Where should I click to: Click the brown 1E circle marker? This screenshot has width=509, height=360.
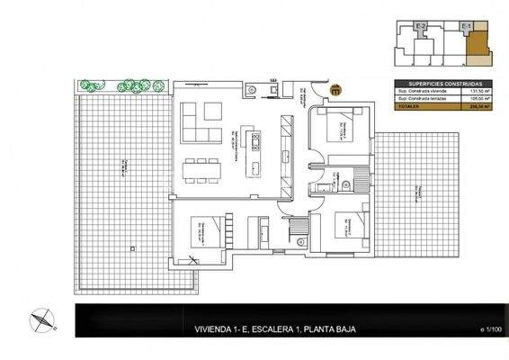pos(335,89)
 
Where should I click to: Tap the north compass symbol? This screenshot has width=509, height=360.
pos(41,319)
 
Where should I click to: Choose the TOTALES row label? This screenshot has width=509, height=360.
pos(409,106)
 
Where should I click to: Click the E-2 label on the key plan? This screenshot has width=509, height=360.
pos(423,27)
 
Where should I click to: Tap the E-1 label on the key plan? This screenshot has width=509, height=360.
pos(465,27)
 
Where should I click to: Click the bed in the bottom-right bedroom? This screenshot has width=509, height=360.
pos(347,225)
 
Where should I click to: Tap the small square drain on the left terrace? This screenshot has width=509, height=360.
pos(132,247)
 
